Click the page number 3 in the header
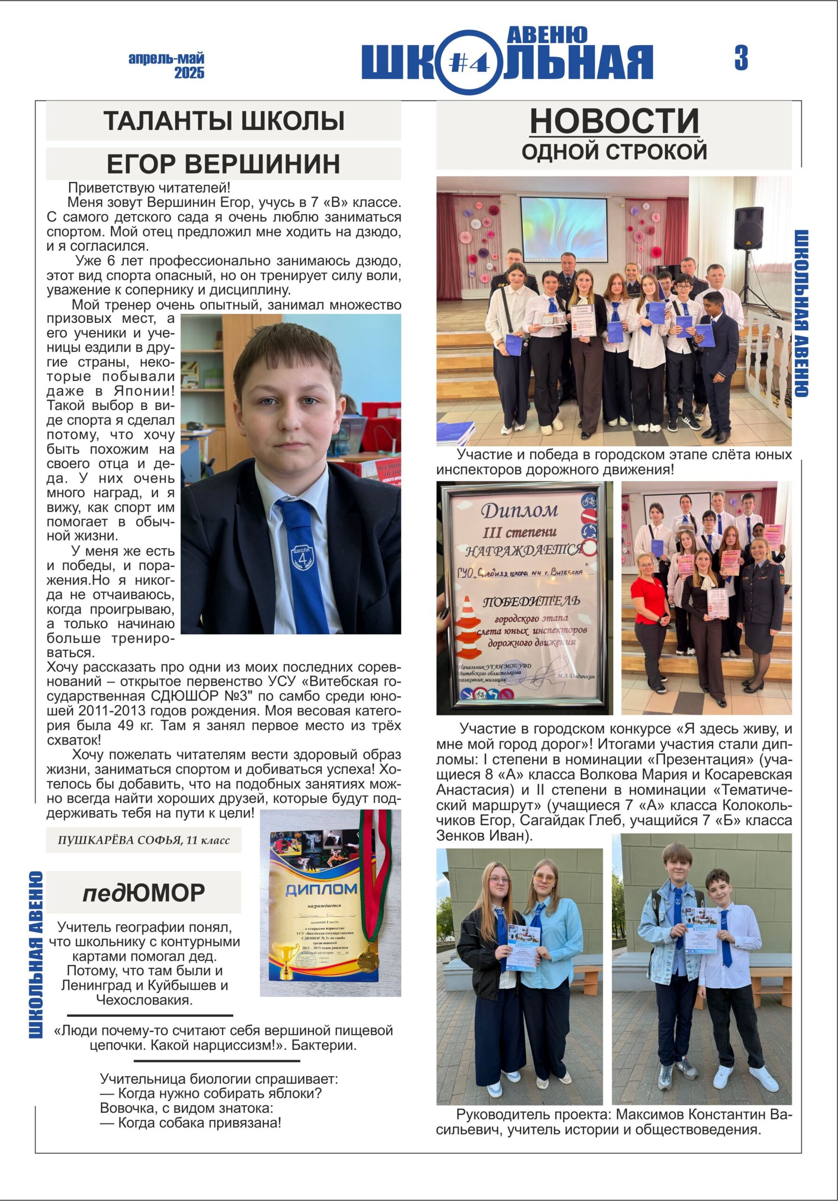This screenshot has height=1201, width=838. tap(741, 58)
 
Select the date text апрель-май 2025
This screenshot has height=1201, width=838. tap(167, 65)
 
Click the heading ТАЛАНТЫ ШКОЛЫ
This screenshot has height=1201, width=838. tap(223, 121)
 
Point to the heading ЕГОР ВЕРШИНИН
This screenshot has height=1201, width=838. tap(223, 164)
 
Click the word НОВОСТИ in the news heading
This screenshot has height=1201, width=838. tap(614, 121)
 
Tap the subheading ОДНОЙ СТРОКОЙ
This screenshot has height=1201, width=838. tap(614, 152)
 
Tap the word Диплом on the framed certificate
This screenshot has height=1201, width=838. tap(519, 509)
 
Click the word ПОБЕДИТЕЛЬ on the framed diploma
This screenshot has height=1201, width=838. tap(531, 601)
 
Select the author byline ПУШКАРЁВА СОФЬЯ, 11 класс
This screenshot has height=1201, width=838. tap(143, 841)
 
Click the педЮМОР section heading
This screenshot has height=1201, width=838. tap(143, 893)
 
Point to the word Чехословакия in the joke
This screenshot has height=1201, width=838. tap(145, 1000)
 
